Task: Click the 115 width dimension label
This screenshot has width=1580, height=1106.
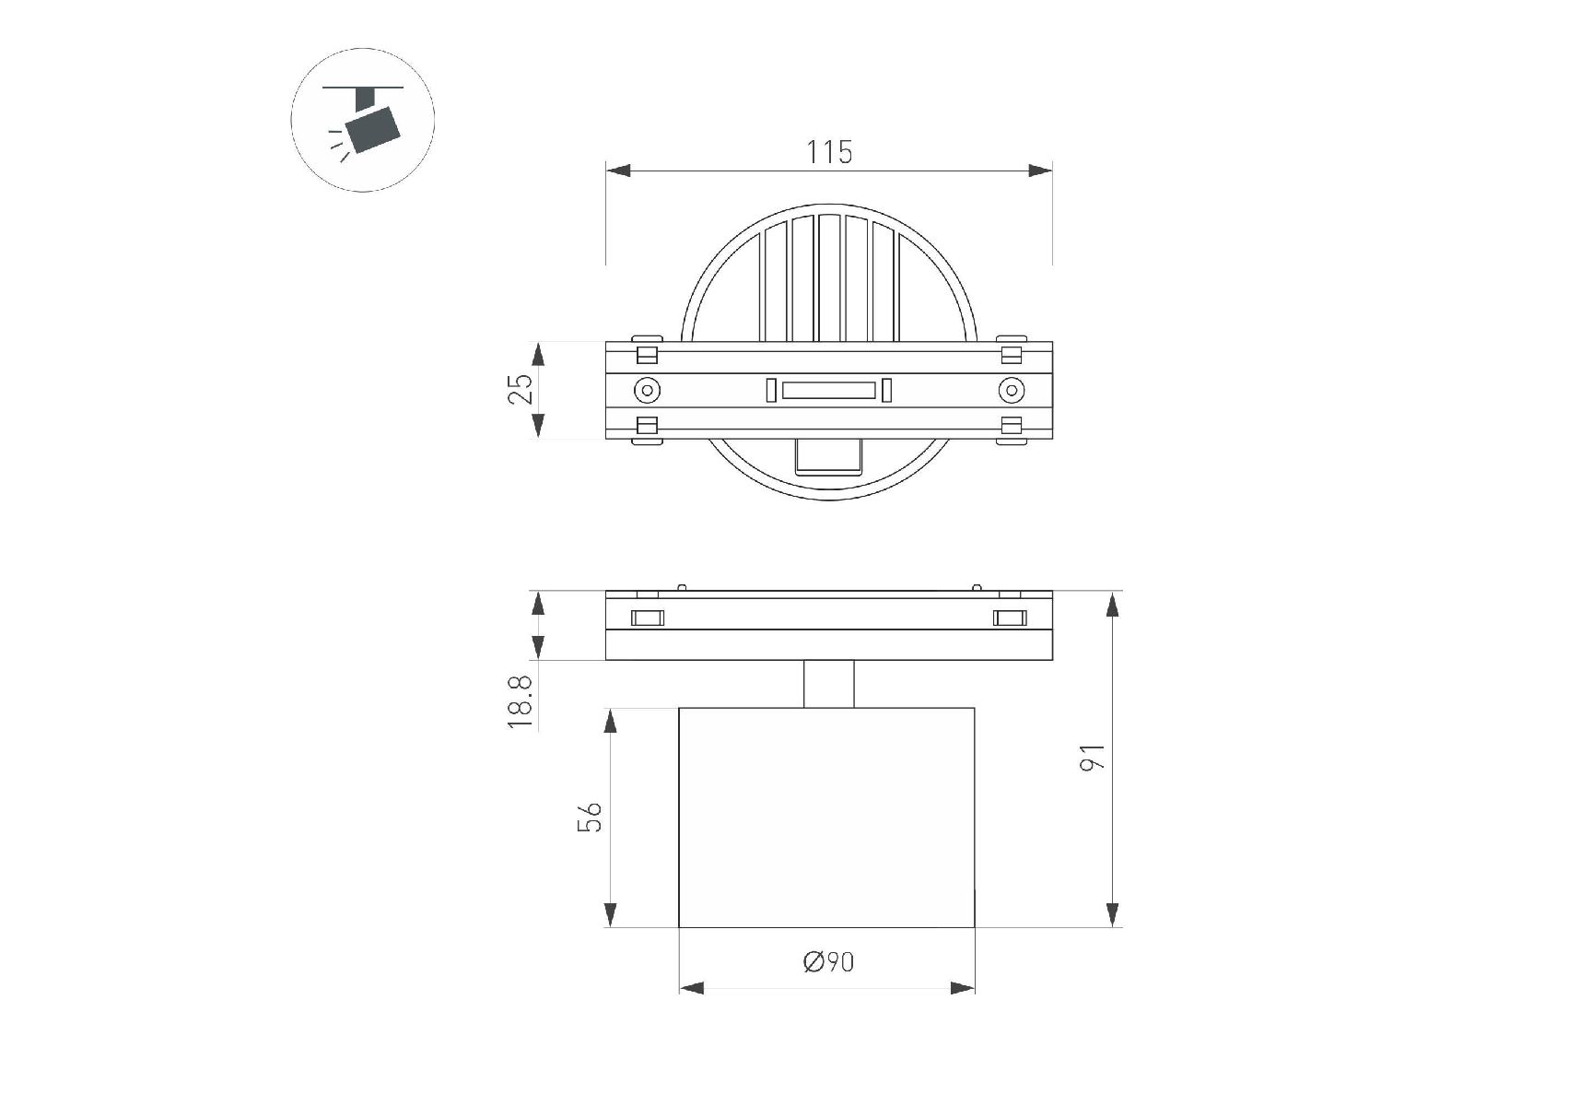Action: (829, 152)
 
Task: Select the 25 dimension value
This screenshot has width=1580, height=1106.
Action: (521, 389)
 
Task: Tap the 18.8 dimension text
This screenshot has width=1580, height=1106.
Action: (521, 702)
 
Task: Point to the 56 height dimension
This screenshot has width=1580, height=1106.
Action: (590, 817)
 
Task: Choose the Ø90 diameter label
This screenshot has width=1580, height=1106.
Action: (829, 962)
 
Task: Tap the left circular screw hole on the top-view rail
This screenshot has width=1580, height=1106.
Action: (648, 391)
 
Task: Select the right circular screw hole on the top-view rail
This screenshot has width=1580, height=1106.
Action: (1012, 391)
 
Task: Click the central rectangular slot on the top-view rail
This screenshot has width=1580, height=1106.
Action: (828, 391)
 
